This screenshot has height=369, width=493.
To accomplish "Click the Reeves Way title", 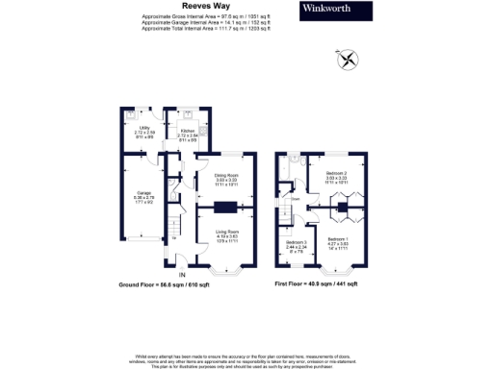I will [x=202, y=5].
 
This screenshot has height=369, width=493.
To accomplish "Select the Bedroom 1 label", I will [x=338, y=240].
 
